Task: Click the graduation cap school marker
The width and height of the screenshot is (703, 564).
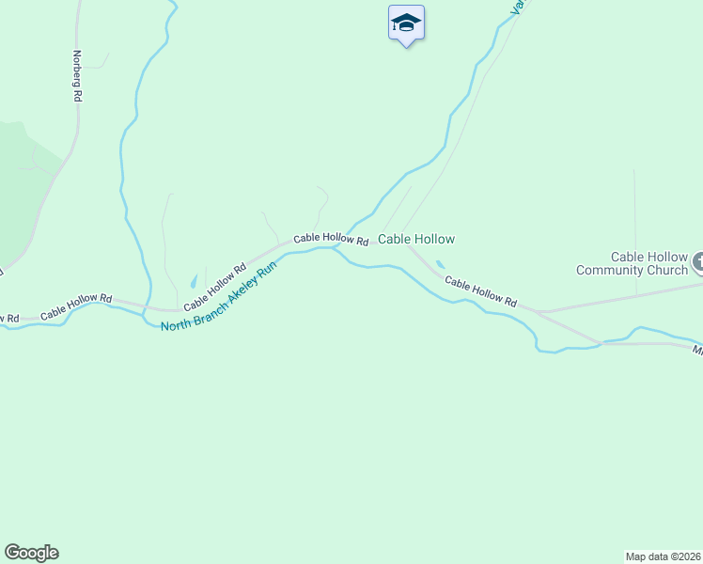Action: (406, 23)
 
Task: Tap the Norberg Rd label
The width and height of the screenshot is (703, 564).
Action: (77, 75)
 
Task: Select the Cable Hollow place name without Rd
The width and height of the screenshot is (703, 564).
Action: (416, 240)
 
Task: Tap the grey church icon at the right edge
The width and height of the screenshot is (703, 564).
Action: (698, 262)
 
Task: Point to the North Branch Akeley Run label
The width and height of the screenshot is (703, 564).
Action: (220, 296)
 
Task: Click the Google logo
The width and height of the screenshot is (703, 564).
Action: (31, 553)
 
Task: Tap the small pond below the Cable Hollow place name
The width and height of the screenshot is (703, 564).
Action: (440, 265)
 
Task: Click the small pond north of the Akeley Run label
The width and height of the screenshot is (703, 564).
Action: (194, 281)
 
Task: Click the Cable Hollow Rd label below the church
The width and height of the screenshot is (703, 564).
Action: (480, 292)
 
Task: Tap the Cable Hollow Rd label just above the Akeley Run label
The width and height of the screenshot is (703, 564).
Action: (214, 286)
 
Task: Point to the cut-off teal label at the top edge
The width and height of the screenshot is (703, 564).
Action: (516, 7)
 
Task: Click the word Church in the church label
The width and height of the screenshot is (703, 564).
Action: (667, 271)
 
